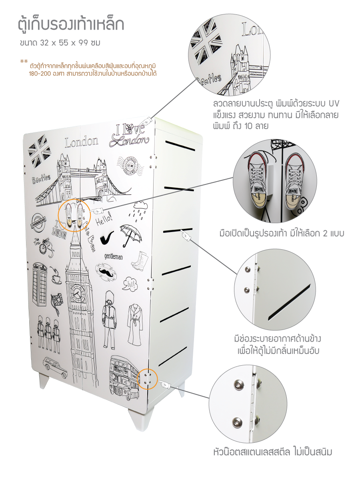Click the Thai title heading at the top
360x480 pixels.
click(71, 25)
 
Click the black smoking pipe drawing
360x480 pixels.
click(107, 238)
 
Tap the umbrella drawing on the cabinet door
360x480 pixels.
click(131, 235)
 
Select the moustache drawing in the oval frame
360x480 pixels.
click(106, 271)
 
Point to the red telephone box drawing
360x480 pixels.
click(40, 285)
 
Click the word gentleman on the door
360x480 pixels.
click(113, 256)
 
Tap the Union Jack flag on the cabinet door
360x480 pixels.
click(39, 151)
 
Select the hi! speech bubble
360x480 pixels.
click(130, 284)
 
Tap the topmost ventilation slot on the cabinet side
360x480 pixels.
click(180, 146)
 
